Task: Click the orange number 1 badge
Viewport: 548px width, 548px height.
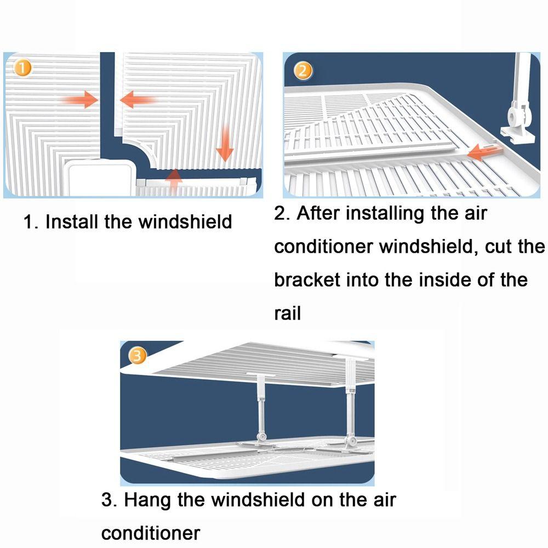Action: pyautogui.click(x=22, y=68)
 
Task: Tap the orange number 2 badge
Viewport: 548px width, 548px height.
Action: pyautogui.click(x=303, y=71)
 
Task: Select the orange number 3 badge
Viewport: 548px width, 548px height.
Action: pyautogui.click(x=138, y=356)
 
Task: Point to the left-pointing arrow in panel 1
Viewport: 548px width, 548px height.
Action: pyautogui.click(x=138, y=100)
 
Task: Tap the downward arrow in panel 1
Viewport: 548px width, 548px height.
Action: pyautogui.click(x=225, y=143)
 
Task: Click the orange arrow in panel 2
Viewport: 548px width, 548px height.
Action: pyautogui.click(x=485, y=151)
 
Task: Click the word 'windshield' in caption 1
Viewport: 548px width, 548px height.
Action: pyautogui.click(x=185, y=221)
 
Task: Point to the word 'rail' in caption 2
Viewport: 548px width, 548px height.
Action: pyautogui.click(x=287, y=313)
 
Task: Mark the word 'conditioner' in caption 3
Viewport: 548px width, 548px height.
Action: pyautogui.click(x=151, y=533)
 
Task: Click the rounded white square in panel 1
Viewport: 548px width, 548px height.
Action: pyautogui.click(x=101, y=178)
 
